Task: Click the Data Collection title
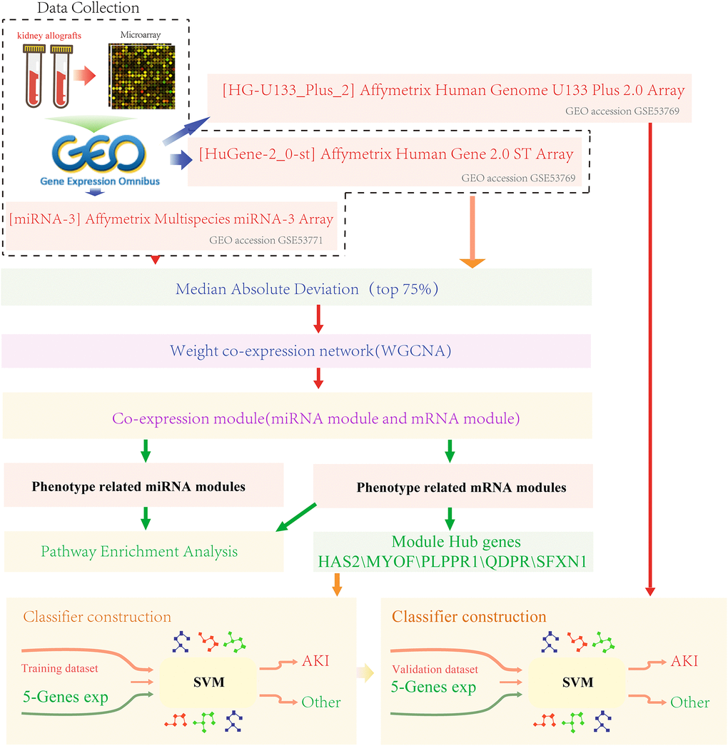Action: [79, 9]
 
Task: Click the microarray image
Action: [141, 76]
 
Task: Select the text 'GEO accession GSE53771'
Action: [266, 241]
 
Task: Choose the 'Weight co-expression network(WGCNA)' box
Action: [295, 351]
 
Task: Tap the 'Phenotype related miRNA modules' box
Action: [138, 487]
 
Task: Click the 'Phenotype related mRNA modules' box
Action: [461, 488]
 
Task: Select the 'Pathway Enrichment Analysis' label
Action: [139, 551]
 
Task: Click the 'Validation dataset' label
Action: [435, 669]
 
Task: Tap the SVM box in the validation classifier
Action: [577, 682]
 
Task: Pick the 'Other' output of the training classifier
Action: [320, 702]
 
